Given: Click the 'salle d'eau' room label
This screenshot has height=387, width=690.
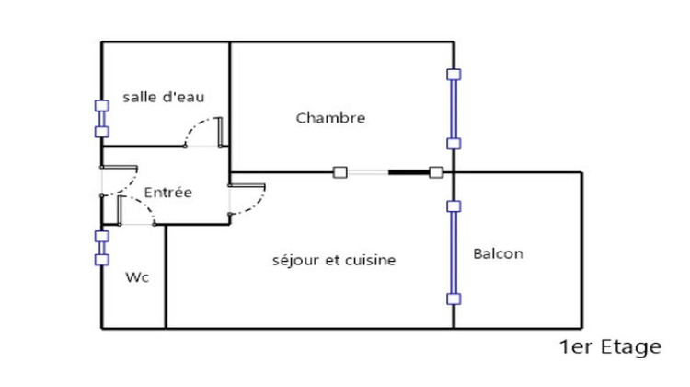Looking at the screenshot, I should [163, 97].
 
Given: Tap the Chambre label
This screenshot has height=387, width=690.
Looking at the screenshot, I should [331, 118].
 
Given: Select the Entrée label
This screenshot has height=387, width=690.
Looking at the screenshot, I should [168, 193].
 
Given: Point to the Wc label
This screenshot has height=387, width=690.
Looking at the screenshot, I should [138, 276].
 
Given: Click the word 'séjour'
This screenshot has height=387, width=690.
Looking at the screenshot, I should [295, 261].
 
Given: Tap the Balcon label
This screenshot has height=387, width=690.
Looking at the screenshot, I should [498, 253].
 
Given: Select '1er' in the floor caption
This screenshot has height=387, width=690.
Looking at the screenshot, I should [575, 347].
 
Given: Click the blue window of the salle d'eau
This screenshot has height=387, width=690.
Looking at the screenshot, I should [101, 119].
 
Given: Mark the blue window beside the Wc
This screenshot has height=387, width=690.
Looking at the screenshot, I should [101, 247].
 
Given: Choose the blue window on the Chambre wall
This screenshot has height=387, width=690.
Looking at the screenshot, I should [453, 109].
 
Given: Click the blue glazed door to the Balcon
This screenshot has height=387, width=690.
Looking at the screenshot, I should [453, 252].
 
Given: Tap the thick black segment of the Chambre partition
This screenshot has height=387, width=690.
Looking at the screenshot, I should [408, 171].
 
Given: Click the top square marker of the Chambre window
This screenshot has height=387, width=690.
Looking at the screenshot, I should [453, 74].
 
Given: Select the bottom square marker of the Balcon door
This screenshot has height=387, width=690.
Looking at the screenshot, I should [453, 299].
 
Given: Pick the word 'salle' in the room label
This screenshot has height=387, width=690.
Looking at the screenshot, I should [139, 97].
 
